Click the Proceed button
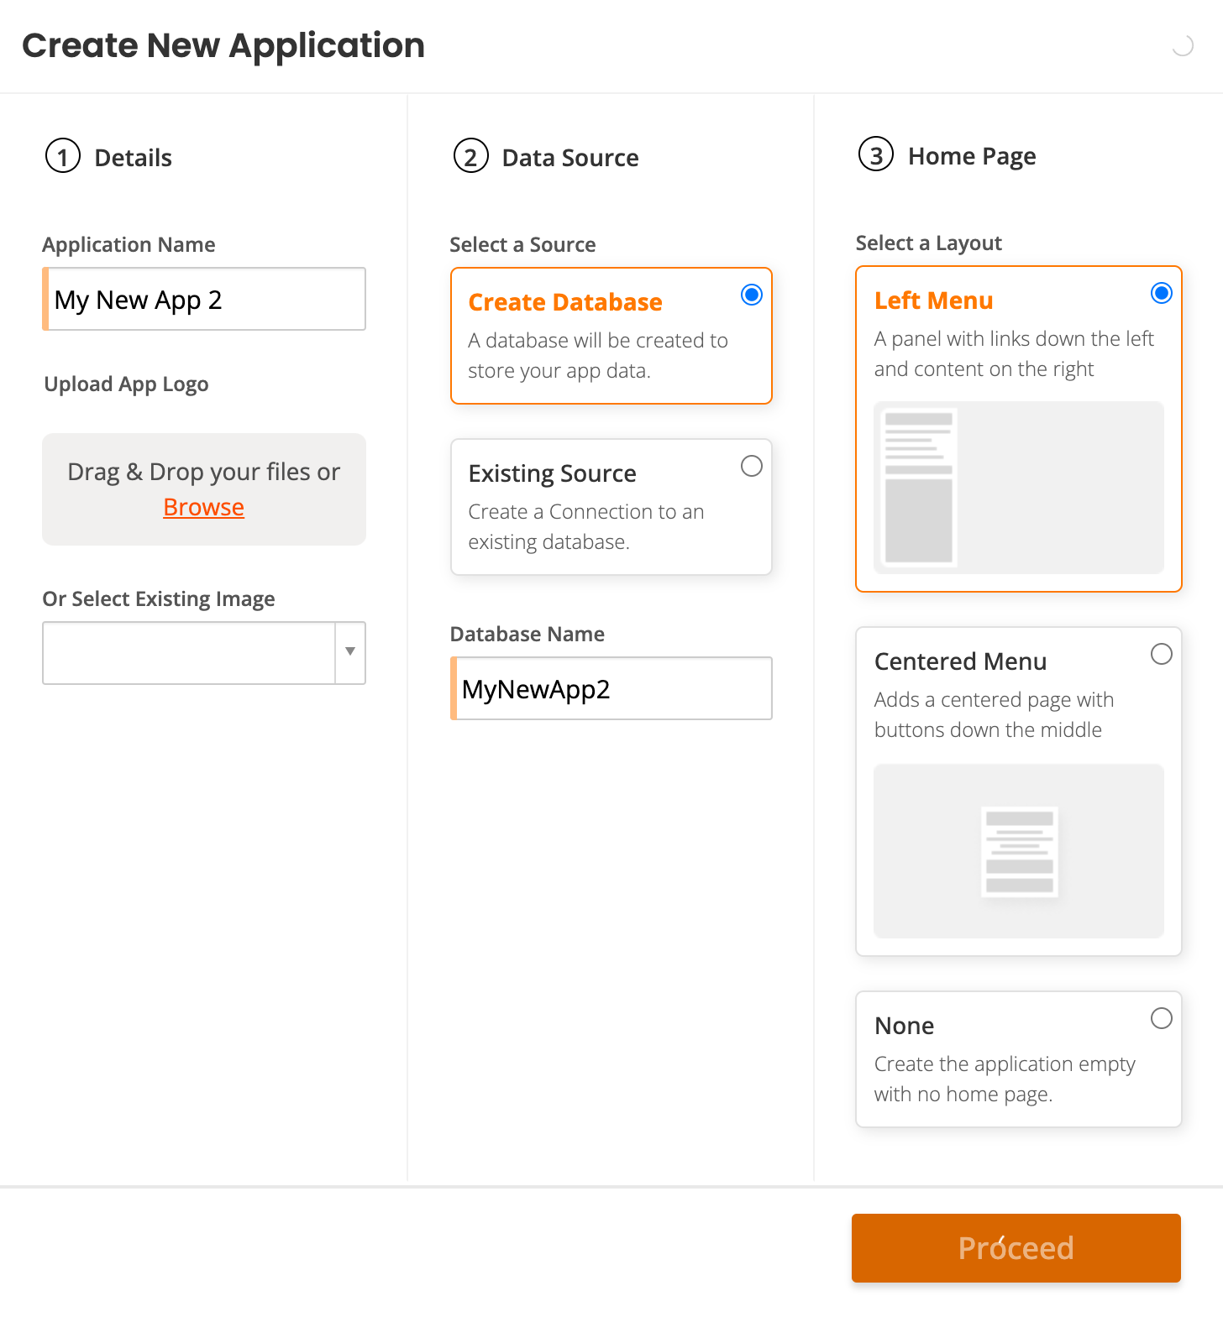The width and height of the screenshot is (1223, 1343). pos(1016,1247)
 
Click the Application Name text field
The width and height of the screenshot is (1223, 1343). pos(205,300)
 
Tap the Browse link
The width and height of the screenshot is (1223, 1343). pos(203,507)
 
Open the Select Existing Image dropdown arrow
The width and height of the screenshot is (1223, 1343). pos(350,652)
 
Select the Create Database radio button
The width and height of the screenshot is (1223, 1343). pos(752,295)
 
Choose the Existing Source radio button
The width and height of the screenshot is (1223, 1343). pos(752,466)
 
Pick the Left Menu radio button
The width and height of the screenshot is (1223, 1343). pos(1162,293)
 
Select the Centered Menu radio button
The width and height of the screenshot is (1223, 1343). pos(1162,654)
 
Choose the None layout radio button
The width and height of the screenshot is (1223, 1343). pos(1162,1018)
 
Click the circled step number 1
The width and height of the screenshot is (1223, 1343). pos(63,156)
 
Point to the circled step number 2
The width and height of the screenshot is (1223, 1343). pos(470,156)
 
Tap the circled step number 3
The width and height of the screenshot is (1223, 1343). pos(876,154)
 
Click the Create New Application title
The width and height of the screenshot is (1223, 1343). pos(223,45)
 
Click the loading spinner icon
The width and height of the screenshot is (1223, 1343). pos(1183,46)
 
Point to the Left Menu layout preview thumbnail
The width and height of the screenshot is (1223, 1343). pos(1018,488)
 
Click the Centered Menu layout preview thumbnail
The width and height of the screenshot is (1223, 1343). pos(1018,850)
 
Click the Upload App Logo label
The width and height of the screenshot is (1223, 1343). pos(126,384)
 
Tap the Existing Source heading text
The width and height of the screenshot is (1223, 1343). pos(552,473)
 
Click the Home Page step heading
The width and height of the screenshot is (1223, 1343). pos(972,156)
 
